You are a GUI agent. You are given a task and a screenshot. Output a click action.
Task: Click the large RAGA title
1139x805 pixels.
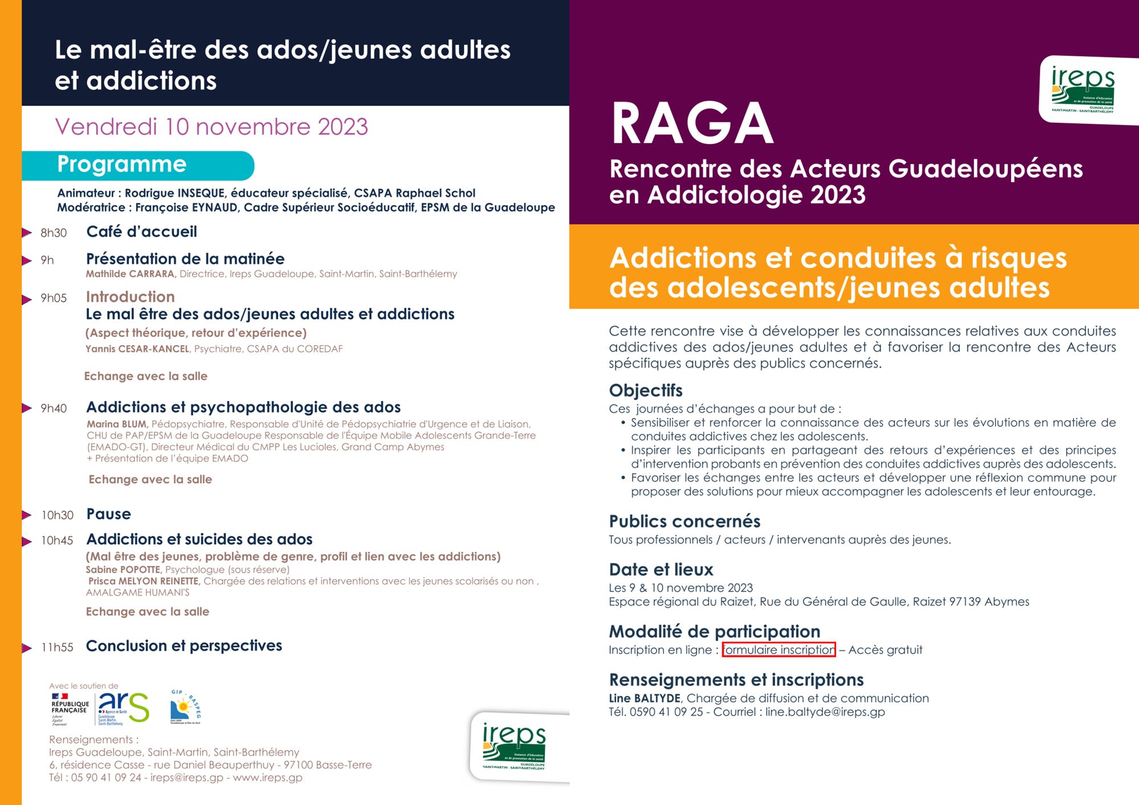692,124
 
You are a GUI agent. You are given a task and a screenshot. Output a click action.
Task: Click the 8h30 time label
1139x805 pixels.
54,233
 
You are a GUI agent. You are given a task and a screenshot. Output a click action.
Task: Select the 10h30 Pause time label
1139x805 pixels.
58,515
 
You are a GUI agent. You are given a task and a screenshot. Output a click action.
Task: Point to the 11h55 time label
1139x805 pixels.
58,647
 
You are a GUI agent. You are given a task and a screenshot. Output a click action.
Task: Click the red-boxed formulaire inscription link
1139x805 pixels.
779,650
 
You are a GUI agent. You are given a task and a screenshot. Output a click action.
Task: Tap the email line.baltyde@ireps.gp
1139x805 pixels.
825,712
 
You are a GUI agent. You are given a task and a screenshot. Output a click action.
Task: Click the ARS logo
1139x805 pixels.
124,708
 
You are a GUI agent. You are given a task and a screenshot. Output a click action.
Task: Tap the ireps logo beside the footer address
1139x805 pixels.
514,746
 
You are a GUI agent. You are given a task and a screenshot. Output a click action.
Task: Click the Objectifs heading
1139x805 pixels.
645,391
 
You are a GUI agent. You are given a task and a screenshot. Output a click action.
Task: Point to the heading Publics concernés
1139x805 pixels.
685,521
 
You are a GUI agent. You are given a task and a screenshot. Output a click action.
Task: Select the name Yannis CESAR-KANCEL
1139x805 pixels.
137,349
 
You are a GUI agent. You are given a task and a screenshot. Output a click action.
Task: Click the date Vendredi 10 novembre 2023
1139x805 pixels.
211,127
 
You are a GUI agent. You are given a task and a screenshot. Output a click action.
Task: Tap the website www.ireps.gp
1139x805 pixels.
267,778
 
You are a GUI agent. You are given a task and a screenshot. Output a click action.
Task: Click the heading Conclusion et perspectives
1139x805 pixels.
184,646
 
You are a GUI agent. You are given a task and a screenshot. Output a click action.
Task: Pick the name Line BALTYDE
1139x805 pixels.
645,698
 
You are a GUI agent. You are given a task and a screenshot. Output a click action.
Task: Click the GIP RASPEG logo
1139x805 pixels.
185,707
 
